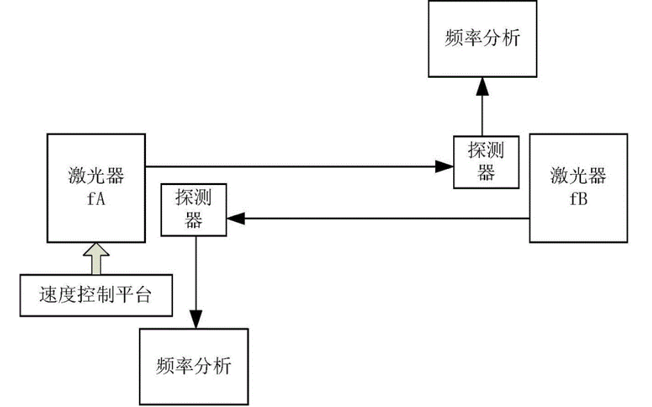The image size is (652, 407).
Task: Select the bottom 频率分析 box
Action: click(x=194, y=366)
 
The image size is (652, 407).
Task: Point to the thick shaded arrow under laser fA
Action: click(x=95, y=257)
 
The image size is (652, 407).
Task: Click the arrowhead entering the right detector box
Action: click(x=444, y=166)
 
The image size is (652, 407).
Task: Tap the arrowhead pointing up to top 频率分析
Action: click(x=481, y=86)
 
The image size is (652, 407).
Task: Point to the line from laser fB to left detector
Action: click(x=382, y=218)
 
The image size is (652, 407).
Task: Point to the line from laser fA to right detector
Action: click(x=292, y=166)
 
